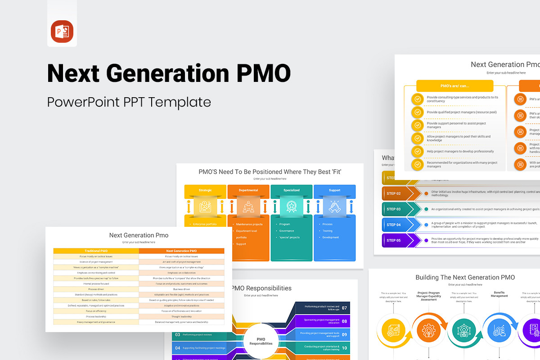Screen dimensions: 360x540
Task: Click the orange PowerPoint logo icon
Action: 62,32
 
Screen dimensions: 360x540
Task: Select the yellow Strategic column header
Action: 205,190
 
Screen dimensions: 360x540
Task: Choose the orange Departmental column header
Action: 248,190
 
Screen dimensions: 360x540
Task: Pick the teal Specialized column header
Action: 292,190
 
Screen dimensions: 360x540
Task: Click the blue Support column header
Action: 334,190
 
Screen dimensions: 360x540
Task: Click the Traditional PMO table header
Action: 96,251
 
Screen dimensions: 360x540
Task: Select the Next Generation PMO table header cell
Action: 181,251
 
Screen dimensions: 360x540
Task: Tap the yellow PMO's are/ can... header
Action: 454,86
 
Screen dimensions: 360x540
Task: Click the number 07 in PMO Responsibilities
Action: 344,308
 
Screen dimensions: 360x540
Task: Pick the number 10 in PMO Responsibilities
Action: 344,348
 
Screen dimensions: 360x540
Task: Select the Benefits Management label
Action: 499,294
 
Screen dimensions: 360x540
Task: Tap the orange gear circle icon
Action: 428,331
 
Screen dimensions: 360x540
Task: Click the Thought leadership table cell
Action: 181,316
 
